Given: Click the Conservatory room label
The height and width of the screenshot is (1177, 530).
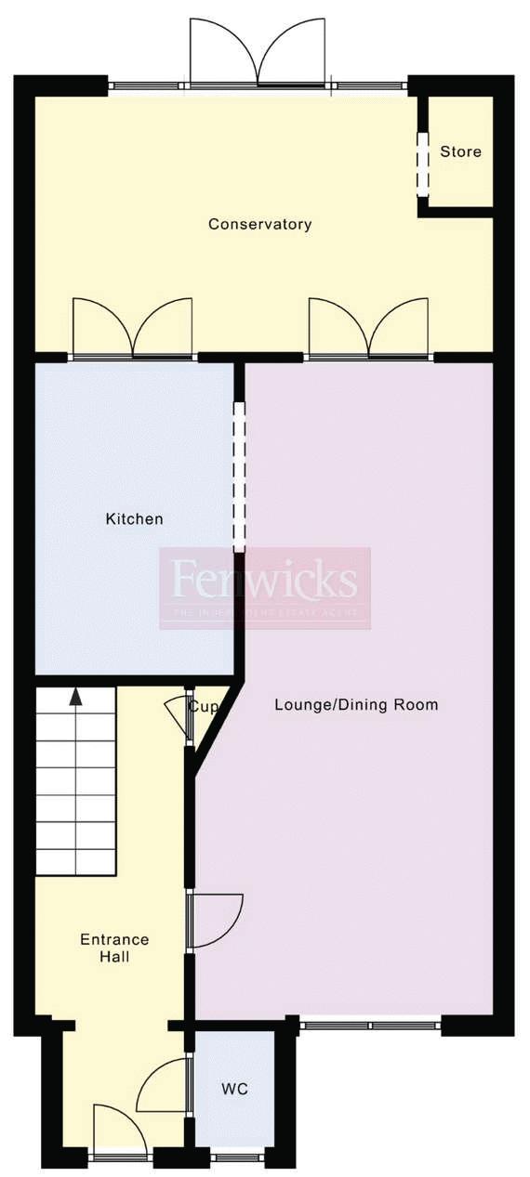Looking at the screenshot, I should pos(259,224).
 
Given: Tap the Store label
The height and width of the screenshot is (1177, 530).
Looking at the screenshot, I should pos(460,151).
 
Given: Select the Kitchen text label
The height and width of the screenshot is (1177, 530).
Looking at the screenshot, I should pos(134,518).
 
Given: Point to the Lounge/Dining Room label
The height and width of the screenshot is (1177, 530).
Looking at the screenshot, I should pos(356,704).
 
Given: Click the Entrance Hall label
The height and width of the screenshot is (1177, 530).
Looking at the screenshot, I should pos(114,948).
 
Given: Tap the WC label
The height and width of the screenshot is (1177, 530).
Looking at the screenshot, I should pos(235,1089).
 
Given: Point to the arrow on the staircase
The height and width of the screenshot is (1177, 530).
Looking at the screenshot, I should pos(75,697).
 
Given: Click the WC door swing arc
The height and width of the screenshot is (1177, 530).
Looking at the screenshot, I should pos(165,1085).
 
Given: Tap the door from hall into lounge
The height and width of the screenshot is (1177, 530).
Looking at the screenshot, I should pos(216,920).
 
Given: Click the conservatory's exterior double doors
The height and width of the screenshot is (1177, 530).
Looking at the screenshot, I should pos(258,53).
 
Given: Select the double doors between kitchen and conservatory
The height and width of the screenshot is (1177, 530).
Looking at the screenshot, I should pos(133,329).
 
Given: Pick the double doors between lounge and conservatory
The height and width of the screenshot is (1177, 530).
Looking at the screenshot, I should pos(369,329).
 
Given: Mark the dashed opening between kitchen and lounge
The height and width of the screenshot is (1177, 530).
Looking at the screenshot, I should pos(239,477).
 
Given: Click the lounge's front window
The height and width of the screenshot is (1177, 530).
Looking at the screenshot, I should pos(370,1026).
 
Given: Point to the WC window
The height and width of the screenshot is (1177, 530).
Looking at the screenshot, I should pos(236,1157).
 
